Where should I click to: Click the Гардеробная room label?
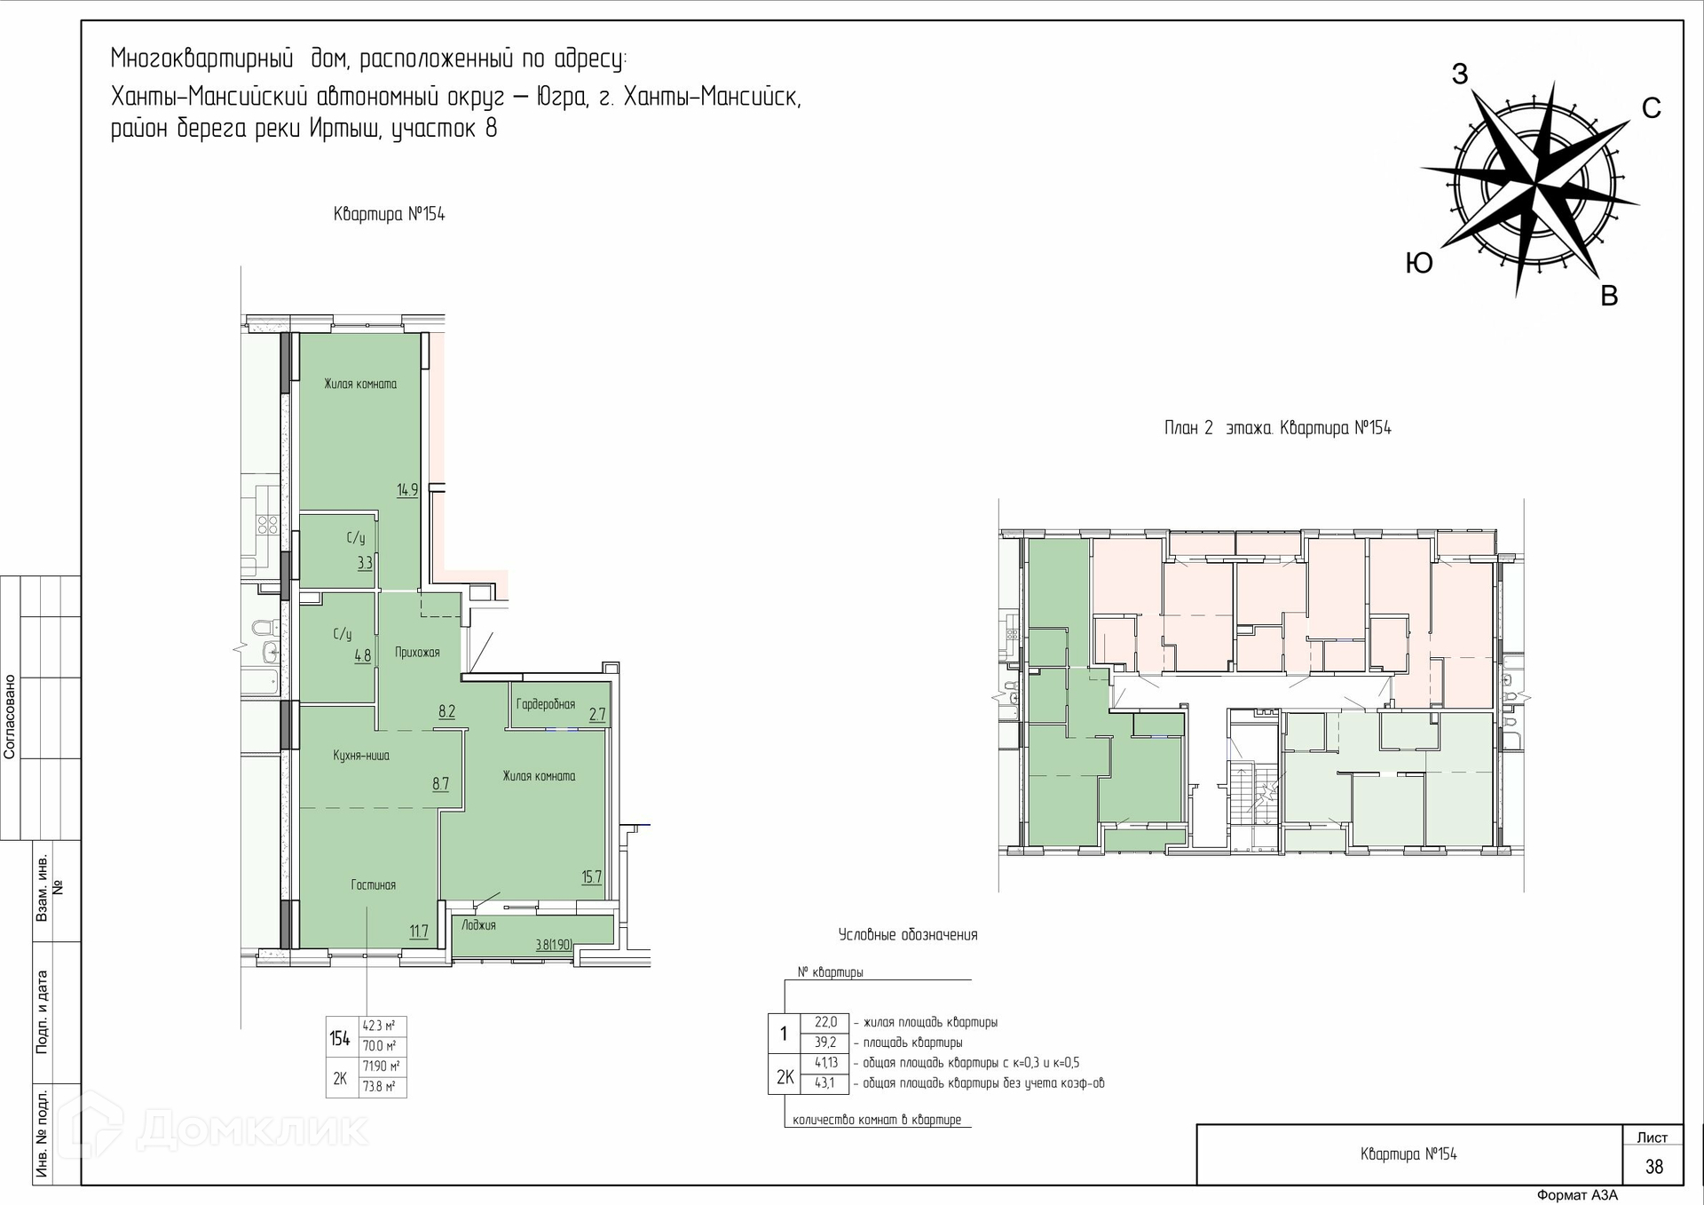pyautogui.click(x=546, y=704)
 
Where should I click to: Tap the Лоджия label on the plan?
pyautogui.click(x=478, y=924)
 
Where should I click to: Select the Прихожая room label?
pyautogui.click(x=417, y=652)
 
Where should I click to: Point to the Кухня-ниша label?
pyautogui.click(x=361, y=756)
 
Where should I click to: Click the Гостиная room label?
pyautogui.click(x=373, y=884)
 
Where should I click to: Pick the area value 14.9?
pyautogui.click(x=407, y=489)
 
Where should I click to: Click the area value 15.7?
pyautogui.click(x=592, y=877)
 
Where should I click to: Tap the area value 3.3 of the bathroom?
pyautogui.click(x=365, y=562)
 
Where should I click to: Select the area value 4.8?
pyautogui.click(x=363, y=656)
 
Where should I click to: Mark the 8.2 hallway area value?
pyautogui.click(x=446, y=711)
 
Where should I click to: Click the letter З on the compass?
pyautogui.click(x=1460, y=75)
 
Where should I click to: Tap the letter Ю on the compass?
pyautogui.click(x=1420, y=263)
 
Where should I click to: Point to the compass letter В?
pyautogui.click(x=1609, y=296)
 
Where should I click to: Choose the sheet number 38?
pyautogui.click(x=1654, y=1167)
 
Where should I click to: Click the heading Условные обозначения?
pyautogui.click(x=908, y=934)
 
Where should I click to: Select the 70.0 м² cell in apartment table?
pyautogui.click(x=379, y=1046)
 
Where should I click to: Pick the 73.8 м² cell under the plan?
pyautogui.click(x=379, y=1086)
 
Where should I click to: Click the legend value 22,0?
pyautogui.click(x=825, y=1022)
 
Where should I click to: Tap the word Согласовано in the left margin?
pyautogui.click(x=10, y=717)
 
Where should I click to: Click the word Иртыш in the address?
pyautogui.click(x=348, y=129)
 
